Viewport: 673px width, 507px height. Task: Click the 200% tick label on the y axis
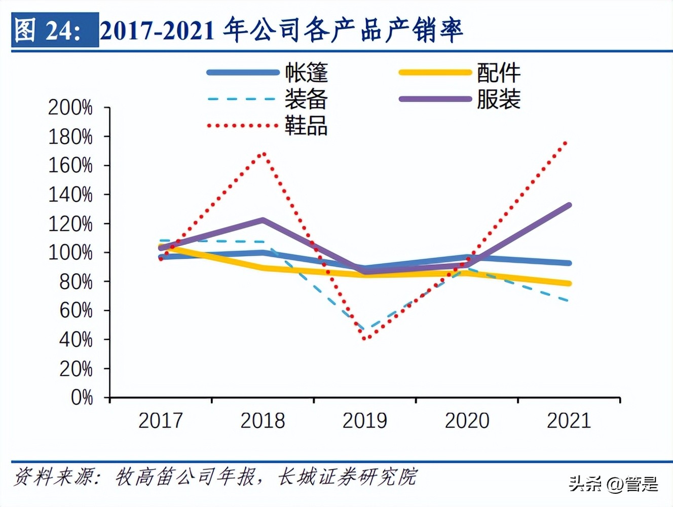[x=70, y=107]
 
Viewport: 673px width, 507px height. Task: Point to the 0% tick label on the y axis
[x=82, y=397]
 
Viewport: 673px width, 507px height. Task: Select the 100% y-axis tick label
[x=70, y=252]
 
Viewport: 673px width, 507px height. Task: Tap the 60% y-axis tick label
[x=76, y=310]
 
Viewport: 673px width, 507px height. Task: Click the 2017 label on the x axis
[x=161, y=421]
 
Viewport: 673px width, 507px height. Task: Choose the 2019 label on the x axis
[x=364, y=421]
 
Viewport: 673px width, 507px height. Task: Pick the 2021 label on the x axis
[x=569, y=421]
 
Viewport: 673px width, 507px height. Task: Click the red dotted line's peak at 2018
[x=263, y=153]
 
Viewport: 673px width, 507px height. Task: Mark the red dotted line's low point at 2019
[x=365, y=338]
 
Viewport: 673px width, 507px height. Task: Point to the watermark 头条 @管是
[x=613, y=484]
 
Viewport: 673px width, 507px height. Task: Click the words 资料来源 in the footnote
[x=53, y=477]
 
